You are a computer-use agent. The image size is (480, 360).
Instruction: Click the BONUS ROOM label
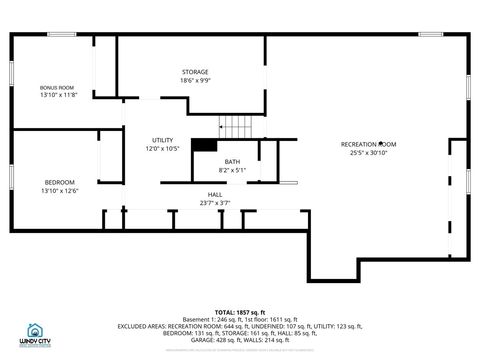click(57, 87)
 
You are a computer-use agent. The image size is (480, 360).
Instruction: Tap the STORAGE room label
click(195, 72)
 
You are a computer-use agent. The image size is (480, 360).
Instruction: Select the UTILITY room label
click(162, 140)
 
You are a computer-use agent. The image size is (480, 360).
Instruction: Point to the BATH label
click(232, 162)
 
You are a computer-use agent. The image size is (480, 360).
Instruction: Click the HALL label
click(215, 194)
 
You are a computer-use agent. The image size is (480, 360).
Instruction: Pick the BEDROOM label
click(59, 182)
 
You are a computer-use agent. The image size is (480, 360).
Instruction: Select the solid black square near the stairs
click(205, 144)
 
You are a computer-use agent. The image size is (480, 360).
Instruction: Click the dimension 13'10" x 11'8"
click(57, 95)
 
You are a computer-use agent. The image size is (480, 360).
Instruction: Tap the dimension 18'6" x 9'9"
click(195, 80)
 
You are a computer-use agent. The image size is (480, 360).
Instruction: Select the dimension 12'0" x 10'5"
click(162, 148)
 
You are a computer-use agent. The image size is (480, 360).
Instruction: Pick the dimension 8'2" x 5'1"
click(232, 170)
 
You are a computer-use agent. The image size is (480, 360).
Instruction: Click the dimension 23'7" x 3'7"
click(215, 202)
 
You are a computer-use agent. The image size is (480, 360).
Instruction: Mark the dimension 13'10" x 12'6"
click(59, 190)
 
